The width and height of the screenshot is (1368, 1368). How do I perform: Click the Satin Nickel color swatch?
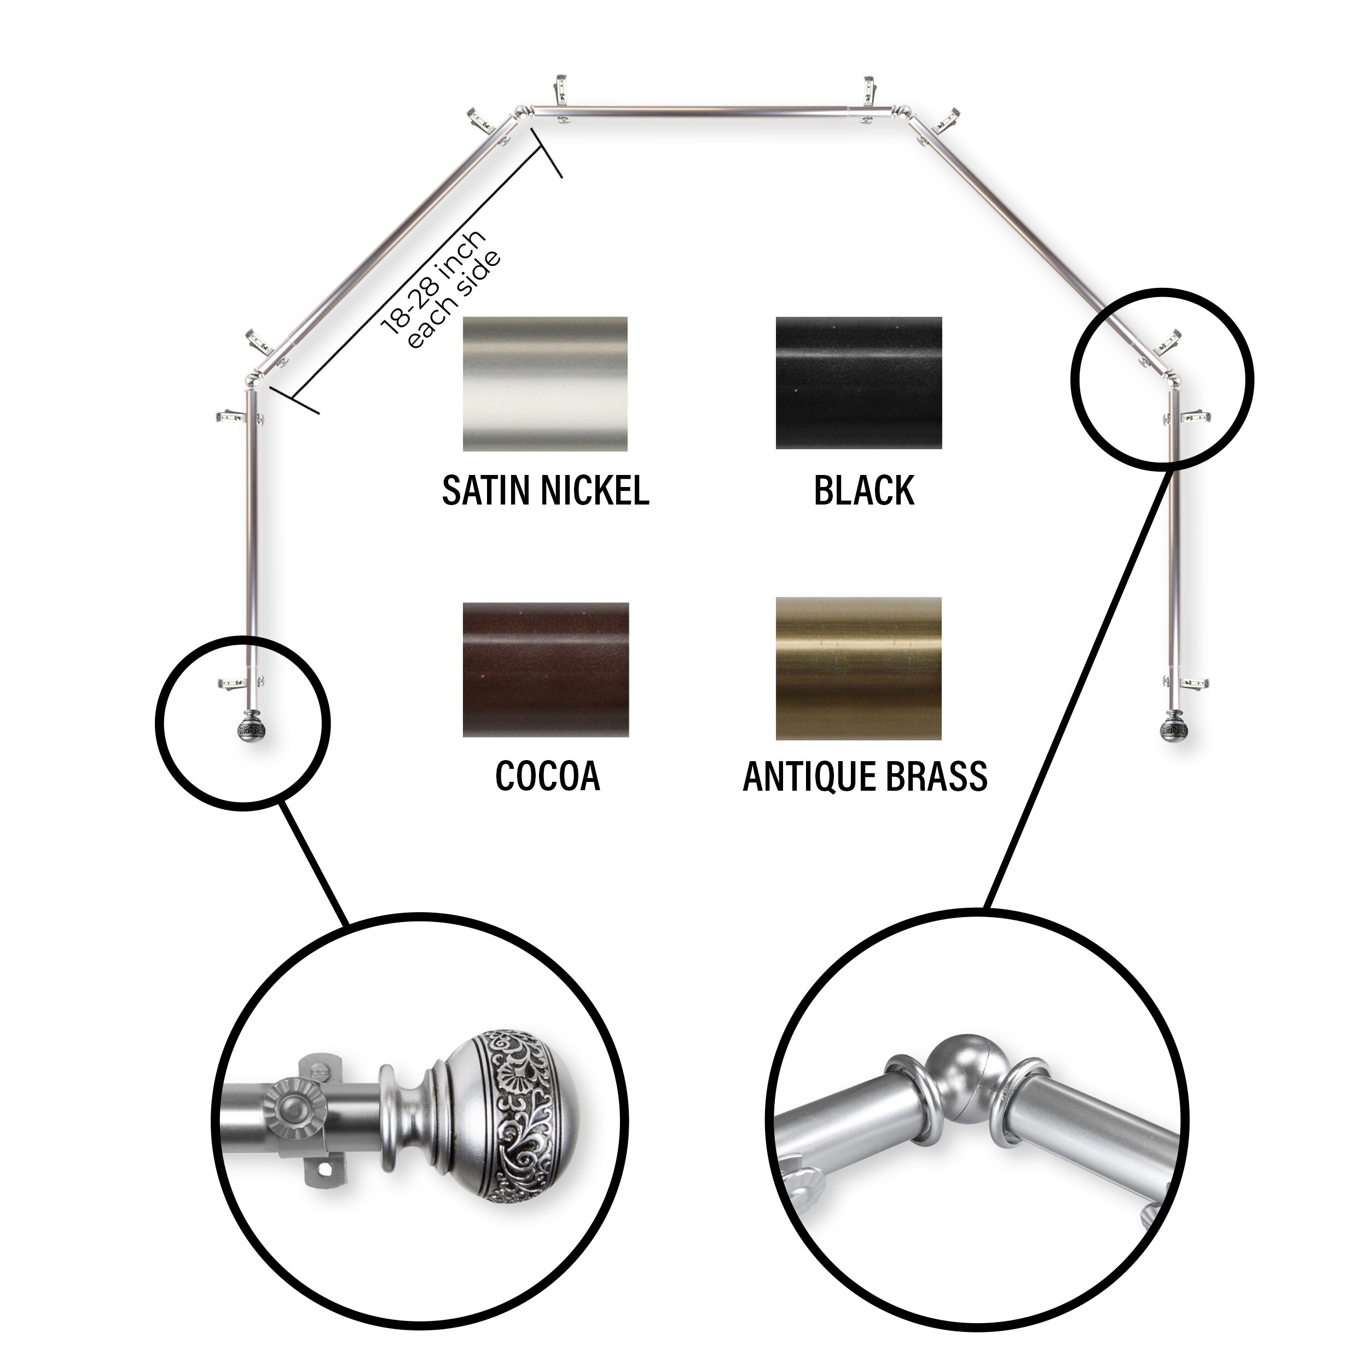coord(545,384)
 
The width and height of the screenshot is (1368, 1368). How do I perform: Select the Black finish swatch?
coord(859,383)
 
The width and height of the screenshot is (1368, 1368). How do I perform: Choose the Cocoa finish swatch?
coord(545,669)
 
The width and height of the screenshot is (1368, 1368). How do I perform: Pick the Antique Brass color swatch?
coord(859,669)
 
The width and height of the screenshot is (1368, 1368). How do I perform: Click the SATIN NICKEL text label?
coord(545,490)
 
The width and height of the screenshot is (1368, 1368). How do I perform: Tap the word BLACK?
coord(864,490)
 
